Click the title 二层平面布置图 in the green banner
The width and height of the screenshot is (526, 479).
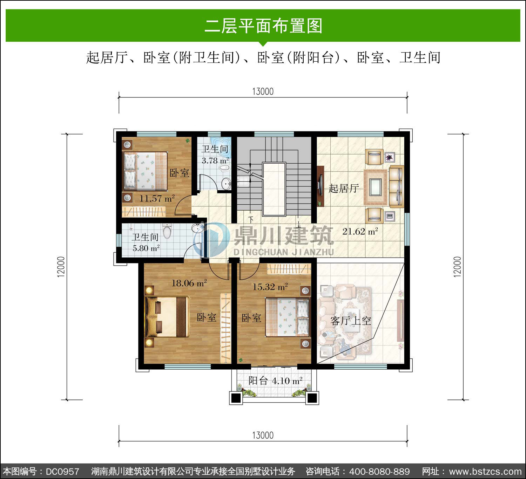click(x=263, y=26)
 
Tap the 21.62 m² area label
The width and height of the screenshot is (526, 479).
click(x=360, y=231)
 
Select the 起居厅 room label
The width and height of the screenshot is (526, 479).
click(x=344, y=189)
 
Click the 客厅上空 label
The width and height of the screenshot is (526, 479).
click(x=351, y=321)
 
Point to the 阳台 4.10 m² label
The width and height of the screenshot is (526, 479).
click(x=275, y=381)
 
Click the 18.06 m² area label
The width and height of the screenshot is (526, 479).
click(x=189, y=283)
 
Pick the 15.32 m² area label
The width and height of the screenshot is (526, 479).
click(x=270, y=287)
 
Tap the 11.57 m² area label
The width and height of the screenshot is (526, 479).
click(x=157, y=198)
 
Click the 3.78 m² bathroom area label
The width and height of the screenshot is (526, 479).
click(x=215, y=160)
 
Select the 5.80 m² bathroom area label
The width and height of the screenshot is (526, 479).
click(x=146, y=248)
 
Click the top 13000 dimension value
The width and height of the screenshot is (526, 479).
click(x=263, y=91)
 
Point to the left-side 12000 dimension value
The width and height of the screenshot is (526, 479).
click(x=61, y=267)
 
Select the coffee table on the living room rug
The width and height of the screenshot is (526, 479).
click(x=376, y=187)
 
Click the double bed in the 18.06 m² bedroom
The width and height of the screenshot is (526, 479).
click(x=167, y=316)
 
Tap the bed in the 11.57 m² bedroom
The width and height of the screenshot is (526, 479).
click(x=145, y=171)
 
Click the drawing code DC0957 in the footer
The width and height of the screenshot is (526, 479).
click(x=62, y=471)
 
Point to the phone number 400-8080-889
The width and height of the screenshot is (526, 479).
click(x=379, y=471)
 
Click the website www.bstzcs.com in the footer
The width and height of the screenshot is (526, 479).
click(x=485, y=471)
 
